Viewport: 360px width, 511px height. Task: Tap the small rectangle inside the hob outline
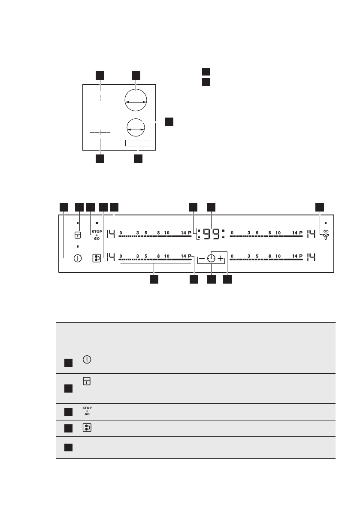[x=138, y=143]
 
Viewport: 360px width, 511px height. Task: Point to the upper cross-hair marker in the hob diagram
[x=100, y=98]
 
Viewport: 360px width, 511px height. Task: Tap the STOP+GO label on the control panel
[x=97, y=235]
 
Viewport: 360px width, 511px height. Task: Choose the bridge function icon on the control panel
[x=97, y=258]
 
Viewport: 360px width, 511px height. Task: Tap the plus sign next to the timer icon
[x=221, y=258]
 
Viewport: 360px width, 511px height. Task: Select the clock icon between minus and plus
[x=211, y=258]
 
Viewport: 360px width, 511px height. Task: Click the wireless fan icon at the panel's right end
[x=326, y=235]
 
